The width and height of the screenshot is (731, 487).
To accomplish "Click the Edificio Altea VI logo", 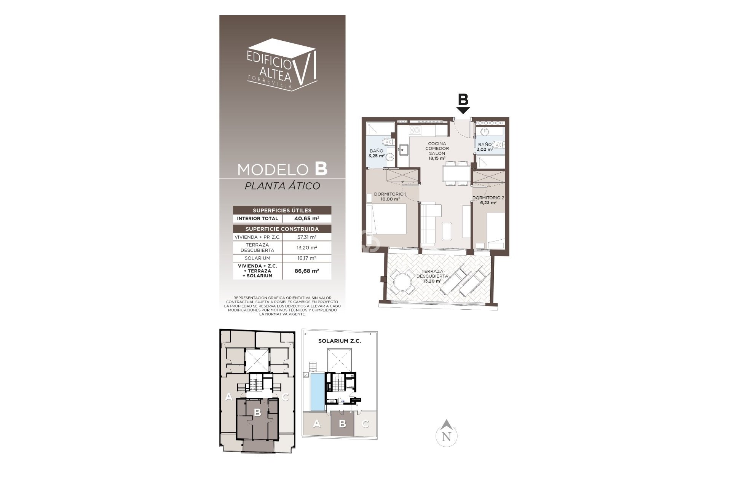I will coord(282,65).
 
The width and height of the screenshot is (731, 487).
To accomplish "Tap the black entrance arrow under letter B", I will coord(463,110).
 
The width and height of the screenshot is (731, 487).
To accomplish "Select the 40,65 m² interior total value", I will coord(306,218).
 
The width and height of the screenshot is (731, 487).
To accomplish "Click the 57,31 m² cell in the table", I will coord(306,237).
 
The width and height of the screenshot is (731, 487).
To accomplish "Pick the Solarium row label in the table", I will coord(257,258).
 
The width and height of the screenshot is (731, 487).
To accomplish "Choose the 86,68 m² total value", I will coord(306,271).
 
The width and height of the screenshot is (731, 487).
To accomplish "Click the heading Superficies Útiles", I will coord(282,210).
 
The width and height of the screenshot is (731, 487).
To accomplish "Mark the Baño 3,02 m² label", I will coord(485,147).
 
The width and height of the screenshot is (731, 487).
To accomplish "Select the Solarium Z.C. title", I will coord(339,341).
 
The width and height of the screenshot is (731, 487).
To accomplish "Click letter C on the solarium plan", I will coord(365,423).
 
